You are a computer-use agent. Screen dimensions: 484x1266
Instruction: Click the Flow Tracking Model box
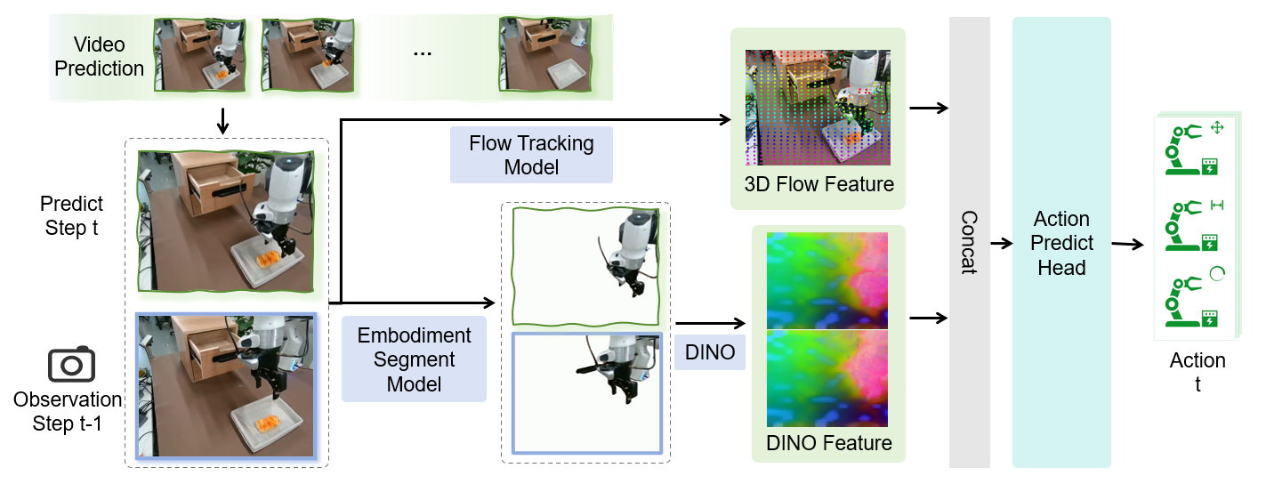pyautogui.click(x=531, y=155)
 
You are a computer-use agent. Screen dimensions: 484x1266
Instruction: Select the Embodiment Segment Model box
pyautogui.click(x=414, y=359)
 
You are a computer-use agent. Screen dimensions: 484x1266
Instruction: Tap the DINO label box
pyautogui.click(x=710, y=352)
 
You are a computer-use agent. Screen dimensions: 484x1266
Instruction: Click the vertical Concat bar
pyautogui.click(x=969, y=242)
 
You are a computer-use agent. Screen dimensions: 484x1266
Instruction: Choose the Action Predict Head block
pyautogui.click(x=1061, y=242)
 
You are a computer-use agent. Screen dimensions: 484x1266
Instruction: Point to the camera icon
pyautogui.click(x=71, y=365)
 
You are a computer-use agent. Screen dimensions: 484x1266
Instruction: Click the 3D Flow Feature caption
pyautogui.click(x=819, y=185)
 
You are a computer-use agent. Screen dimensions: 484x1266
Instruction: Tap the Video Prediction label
pyautogui.click(x=100, y=56)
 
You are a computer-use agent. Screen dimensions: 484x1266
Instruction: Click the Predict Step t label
pyautogui.click(x=72, y=215)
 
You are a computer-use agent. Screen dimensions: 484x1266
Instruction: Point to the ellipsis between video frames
pyautogui.click(x=423, y=53)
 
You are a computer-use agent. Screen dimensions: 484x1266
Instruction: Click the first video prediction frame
pyautogui.click(x=198, y=54)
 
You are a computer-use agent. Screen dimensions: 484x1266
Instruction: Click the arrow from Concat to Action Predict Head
pyautogui.click(x=1001, y=242)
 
